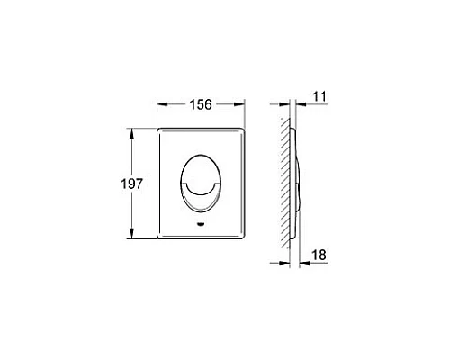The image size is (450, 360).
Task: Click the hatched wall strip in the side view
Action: pos(284,184)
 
